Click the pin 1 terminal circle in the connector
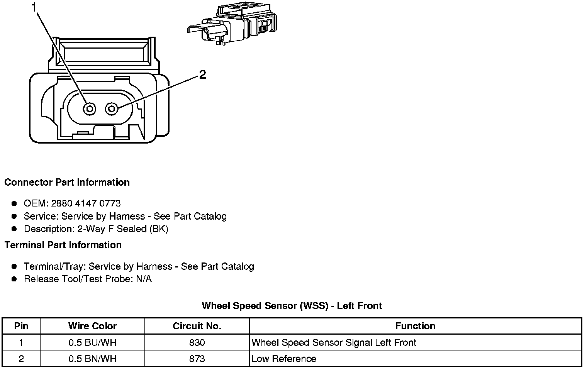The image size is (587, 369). (90, 109)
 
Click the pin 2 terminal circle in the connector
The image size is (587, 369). (112, 109)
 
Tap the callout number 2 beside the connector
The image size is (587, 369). (202, 74)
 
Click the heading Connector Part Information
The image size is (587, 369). (67, 182)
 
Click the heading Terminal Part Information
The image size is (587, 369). (63, 245)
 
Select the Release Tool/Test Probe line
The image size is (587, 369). (88, 279)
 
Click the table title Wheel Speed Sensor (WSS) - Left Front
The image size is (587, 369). (292, 306)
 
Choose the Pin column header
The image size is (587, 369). (21, 326)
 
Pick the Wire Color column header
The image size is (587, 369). (92, 326)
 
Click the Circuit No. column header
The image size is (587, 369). (197, 326)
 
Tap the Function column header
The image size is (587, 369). (415, 326)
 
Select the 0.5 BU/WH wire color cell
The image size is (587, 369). (92, 342)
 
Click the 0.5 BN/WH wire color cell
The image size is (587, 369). (92, 359)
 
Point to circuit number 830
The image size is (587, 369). (197, 342)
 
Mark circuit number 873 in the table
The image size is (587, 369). (197, 359)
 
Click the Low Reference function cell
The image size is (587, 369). (284, 359)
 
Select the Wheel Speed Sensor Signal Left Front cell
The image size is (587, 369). (334, 342)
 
